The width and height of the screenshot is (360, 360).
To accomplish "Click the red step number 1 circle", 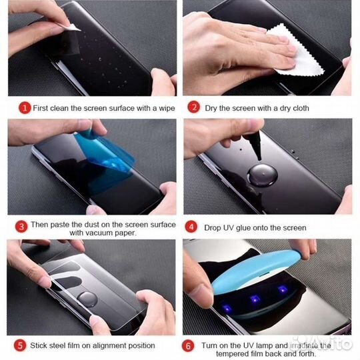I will point(25,107).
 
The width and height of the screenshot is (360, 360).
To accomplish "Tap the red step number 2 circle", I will point(193,107).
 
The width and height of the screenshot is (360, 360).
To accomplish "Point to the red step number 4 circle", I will point(193,227).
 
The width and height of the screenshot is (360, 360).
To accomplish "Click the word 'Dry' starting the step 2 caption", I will point(213,107).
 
